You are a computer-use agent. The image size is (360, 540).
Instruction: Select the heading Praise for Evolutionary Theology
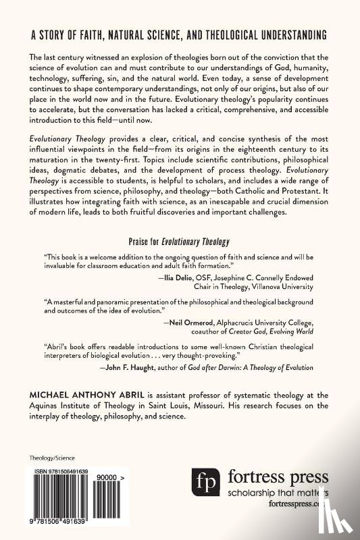click(x=180, y=241)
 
